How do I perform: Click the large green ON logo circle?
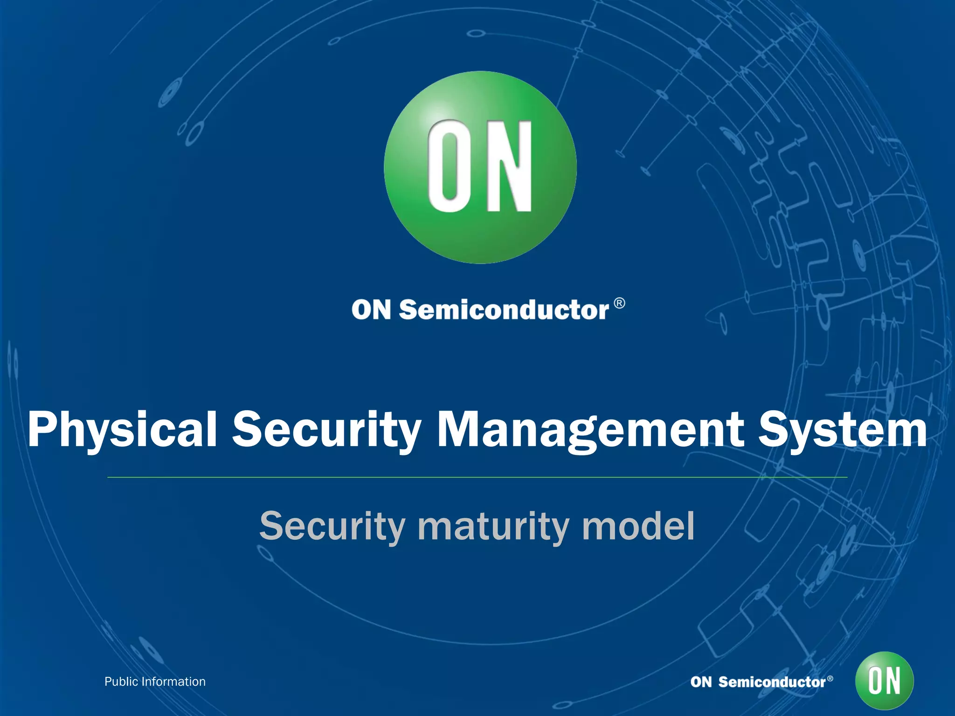point(480,167)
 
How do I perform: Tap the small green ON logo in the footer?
point(884,681)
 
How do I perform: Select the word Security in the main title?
point(327,430)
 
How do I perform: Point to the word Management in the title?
point(590,430)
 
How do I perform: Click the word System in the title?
point(842,430)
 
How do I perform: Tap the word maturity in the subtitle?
point(494,527)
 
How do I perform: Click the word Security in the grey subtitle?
point(332,527)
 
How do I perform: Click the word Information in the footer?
point(173,682)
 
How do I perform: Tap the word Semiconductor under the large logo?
point(504,310)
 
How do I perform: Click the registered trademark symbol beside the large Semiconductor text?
point(619,303)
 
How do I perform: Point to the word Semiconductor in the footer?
point(772,682)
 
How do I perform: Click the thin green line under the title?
point(477,477)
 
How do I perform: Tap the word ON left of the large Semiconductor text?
point(371,310)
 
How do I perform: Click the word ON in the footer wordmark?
point(701,682)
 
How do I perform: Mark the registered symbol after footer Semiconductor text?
point(830,678)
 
